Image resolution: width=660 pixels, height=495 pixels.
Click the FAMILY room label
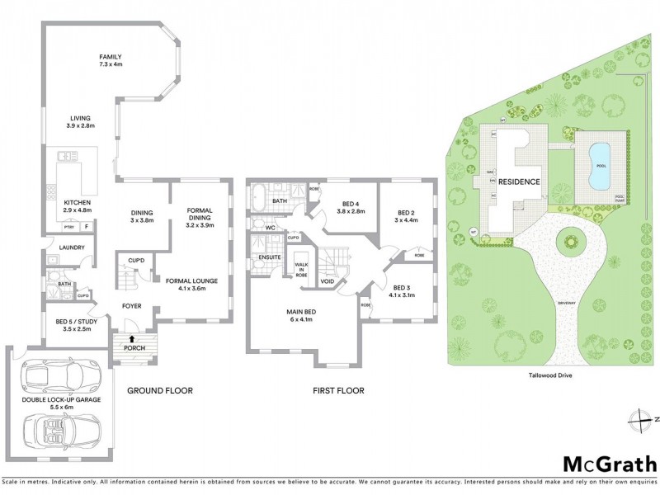[111, 59]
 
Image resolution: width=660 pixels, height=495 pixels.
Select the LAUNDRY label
[63, 246]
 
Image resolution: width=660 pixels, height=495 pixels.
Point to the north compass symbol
[637, 420]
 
